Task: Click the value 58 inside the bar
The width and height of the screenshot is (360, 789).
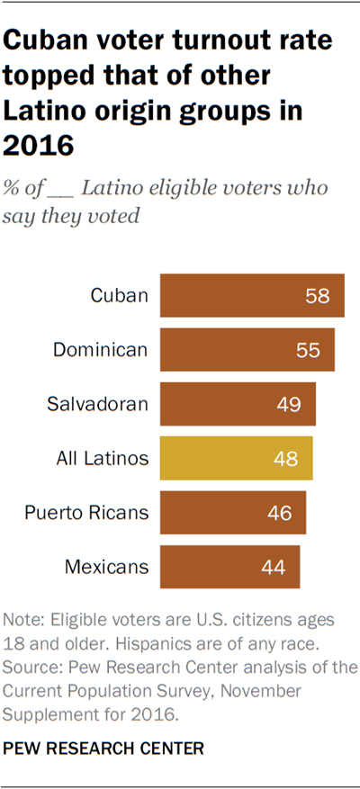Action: (x=318, y=295)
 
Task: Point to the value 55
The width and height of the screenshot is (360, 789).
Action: (x=308, y=349)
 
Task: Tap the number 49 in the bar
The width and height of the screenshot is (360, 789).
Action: (x=290, y=404)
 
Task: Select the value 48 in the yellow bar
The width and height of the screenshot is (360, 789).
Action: (x=286, y=458)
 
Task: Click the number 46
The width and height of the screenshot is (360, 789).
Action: (x=280, y=513)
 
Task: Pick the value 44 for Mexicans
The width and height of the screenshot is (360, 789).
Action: (x=274, y=567)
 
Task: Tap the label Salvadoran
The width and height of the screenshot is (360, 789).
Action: (x=97, y=404)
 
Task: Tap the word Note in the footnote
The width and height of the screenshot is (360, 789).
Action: (x=22, y=620)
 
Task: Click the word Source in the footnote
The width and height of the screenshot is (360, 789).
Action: (x=30, y=667)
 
